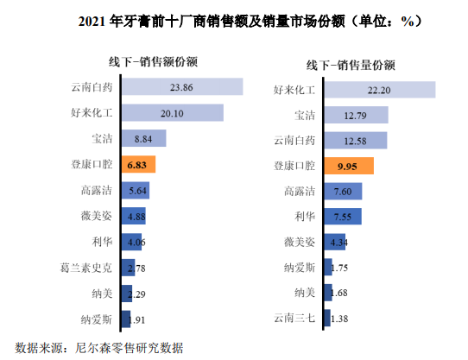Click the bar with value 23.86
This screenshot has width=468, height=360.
coord(182,87)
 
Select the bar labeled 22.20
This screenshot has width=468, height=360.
coord(379,90)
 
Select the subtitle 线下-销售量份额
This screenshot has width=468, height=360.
coord(351,65)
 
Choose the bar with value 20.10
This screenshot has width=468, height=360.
coord(172,112)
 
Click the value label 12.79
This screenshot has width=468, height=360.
coord(355,115)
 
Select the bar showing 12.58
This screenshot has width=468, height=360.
coord(355,141)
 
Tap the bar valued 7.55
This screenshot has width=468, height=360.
coord(342,217)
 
